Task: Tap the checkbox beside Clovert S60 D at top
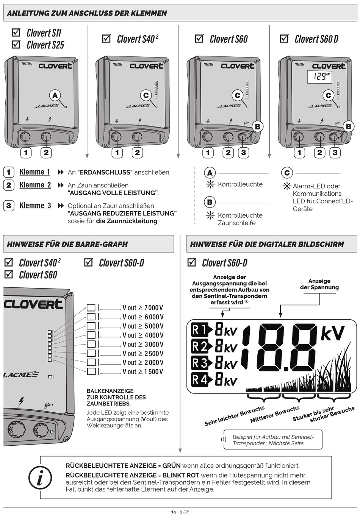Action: [284, 38]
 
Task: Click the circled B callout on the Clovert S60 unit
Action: [258, 126]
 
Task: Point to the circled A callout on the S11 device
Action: [55, 95]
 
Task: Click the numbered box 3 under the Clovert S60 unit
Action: [243, 153]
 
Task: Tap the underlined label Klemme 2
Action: [35, 185]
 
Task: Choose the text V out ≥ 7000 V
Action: [143, 308]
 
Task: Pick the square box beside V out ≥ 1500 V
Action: [91, 371]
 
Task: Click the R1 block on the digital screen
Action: [200, 329]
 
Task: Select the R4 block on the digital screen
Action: [200, 379]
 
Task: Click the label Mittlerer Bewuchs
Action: [275, 414]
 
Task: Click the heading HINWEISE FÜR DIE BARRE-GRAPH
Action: [67, 244]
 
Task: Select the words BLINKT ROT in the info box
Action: [180, 475]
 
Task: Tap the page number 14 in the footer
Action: [174, 512]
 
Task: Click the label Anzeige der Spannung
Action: [319, 284]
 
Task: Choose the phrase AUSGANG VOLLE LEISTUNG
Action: [113, 193]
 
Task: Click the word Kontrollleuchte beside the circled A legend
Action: [240, 184]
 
